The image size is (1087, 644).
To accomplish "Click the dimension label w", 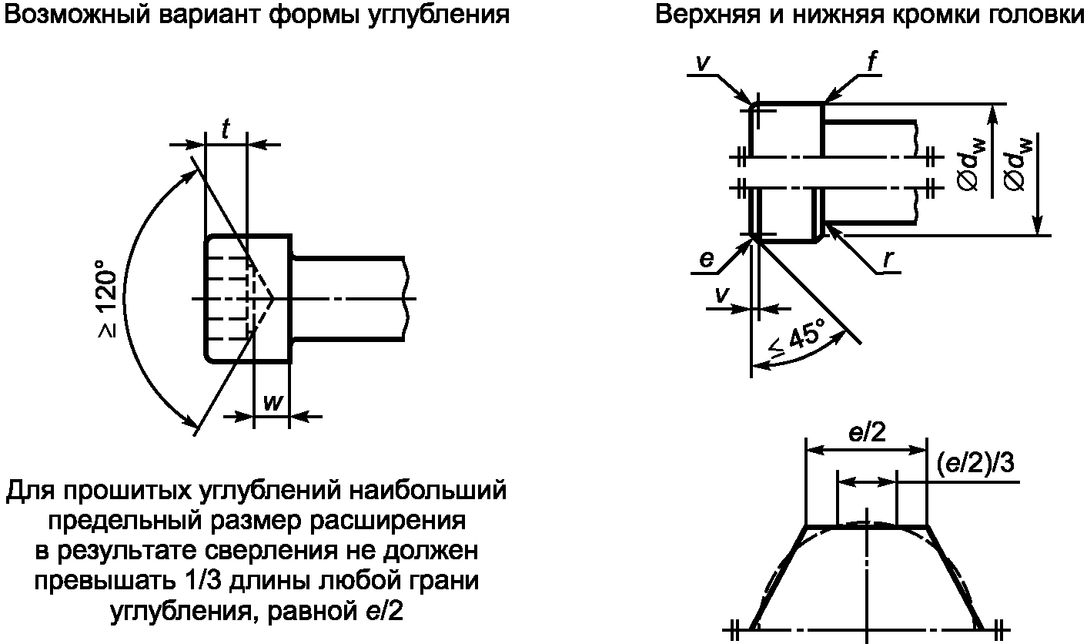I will [x=271, y=402].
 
